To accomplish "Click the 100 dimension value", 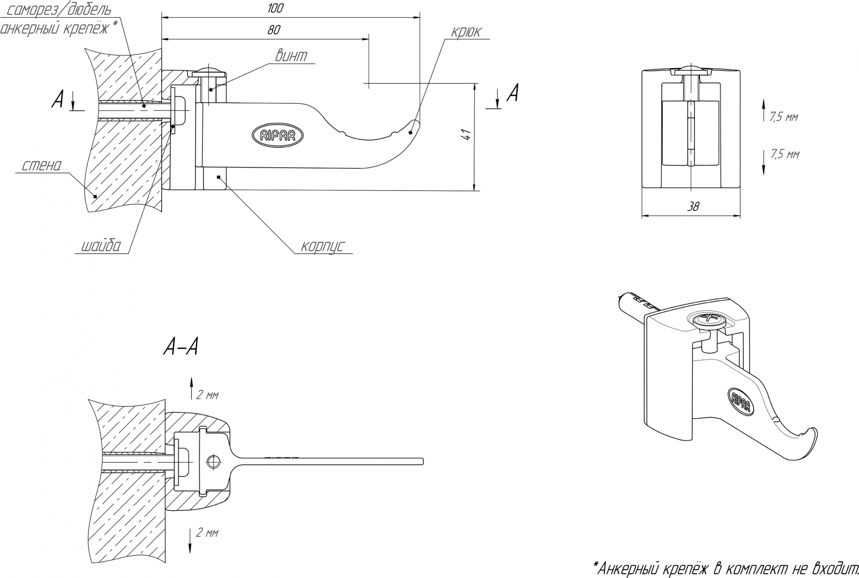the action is click(275, 8).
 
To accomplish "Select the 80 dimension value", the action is click(273, 30).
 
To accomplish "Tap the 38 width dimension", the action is click(693, 207).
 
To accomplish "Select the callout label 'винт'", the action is click(292, 56).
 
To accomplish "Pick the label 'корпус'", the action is click(323, 246).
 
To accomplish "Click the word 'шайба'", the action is click(101, 246).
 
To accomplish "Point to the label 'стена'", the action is click(42, 165).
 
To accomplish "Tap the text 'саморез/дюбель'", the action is click(59, 10).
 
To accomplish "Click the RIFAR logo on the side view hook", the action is click(278, 135).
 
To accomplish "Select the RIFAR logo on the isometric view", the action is click(740, 402).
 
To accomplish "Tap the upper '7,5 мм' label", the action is click(784, 116).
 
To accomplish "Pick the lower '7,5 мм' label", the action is click(785, 154).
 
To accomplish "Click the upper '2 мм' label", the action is click(207, 395).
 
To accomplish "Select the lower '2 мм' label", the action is click(207, 533).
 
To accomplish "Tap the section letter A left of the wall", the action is click(57, 100).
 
